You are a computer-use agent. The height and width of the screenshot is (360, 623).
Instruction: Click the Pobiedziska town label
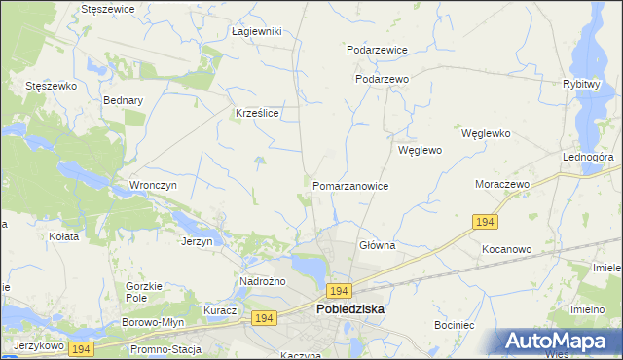(x=350, y=308)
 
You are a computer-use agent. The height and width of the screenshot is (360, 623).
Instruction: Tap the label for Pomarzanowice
(x=351, y=185)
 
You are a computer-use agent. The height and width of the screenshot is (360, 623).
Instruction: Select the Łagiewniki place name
(x=257, y=31)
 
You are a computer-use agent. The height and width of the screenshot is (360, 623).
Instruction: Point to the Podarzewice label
(x=377, y=49)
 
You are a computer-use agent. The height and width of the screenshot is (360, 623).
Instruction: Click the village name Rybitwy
(x=580, y=85)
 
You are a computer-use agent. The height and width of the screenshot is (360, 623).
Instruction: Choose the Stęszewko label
(x=51, y=86)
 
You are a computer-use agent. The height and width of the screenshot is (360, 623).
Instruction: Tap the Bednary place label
(x=124, y=100)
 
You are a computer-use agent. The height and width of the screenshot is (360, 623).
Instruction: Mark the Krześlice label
(x=258, y=113)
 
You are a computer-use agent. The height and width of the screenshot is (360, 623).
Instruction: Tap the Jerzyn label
(x=197, y=241)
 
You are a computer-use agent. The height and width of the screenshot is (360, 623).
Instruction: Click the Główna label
(x=377, y=246)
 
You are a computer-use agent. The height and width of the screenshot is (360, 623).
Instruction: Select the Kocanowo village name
(x=506, y=249)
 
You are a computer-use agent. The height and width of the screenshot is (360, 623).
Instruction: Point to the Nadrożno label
(x=262, y=282)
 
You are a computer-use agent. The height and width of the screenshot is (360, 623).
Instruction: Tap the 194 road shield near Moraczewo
(x=487, y=223)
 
